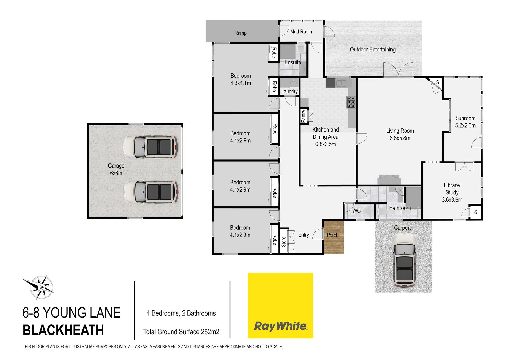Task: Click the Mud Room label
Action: (301, 32)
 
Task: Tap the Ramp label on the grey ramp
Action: (240, 33)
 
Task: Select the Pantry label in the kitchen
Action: (304, 116)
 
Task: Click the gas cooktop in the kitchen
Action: (351, 102)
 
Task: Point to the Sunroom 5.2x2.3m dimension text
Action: (465, 125)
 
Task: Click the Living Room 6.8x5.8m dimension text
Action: (400, 138)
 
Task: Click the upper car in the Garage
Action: (150, 147)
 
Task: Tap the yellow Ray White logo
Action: (280, 305)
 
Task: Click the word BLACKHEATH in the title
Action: (63, 330)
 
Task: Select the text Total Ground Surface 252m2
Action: (181, 332)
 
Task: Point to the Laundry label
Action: (289, 91)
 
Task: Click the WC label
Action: (356, 211)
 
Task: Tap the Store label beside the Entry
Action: (283, 242)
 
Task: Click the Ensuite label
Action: (293, 62)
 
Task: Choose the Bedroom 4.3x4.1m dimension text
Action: (240, 83)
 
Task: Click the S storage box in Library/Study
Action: (476, 212)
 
